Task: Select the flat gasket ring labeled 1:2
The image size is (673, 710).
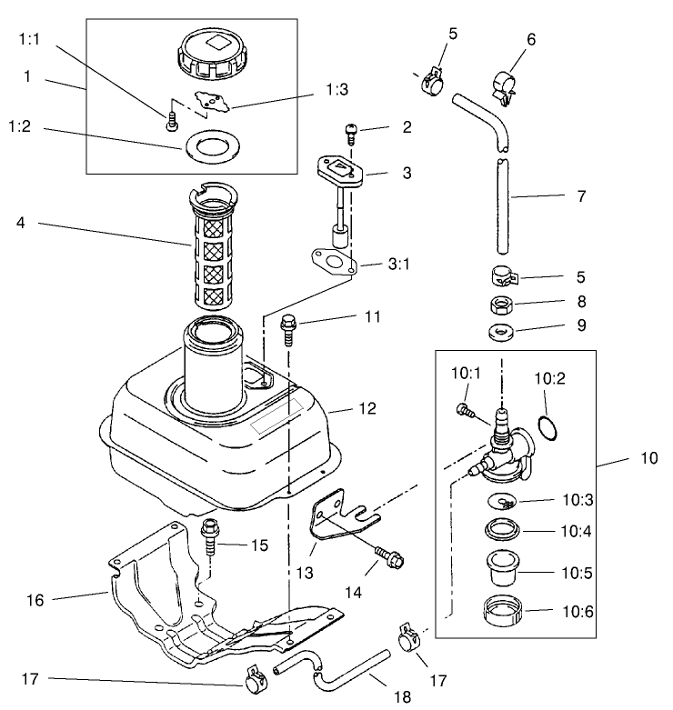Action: pyautogui.click(x=208, y=146)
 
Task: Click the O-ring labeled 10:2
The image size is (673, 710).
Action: pyautogui.click(x=544, y=426)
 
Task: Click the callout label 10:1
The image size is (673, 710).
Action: pyautogui.click(x=464, y=374)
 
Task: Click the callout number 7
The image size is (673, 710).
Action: pyautogui.click(x=581, y=195)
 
